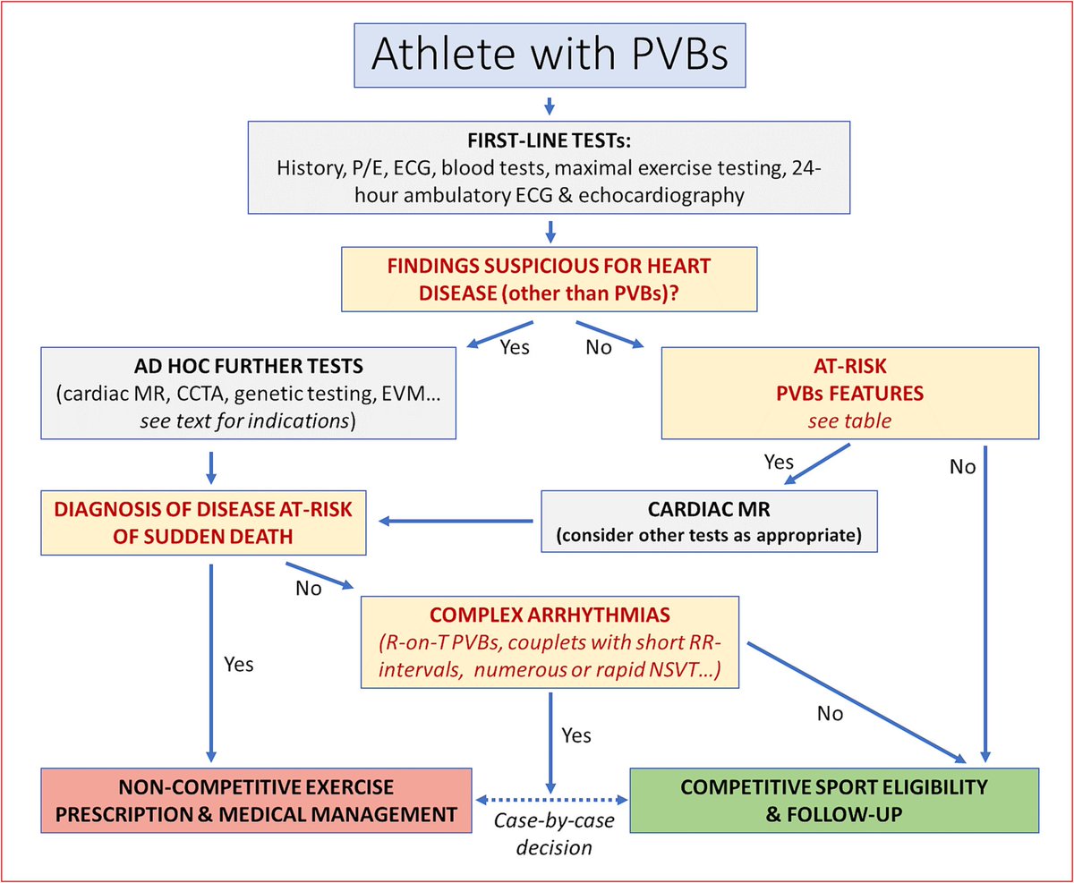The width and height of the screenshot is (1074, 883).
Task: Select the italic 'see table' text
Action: coord(849,420)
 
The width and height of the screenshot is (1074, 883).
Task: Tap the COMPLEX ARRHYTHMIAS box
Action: coord(549,642)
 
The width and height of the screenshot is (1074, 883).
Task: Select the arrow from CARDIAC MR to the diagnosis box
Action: coord(457,521)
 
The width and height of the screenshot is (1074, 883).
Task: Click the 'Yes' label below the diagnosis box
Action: coord(238,664)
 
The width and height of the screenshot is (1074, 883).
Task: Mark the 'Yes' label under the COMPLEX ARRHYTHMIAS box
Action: coord(576,734)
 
